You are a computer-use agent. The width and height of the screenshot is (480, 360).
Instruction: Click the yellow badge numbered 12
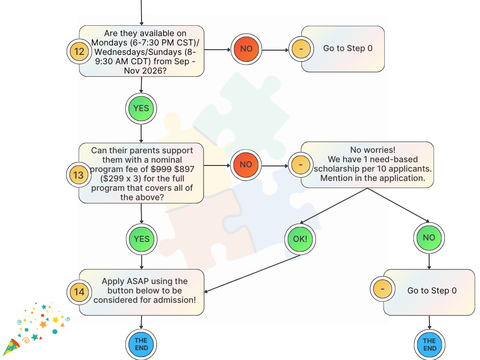point(79,52)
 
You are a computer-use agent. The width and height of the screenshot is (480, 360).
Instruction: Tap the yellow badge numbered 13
point(79,175)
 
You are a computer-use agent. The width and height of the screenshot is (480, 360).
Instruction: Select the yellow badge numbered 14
point(79,292)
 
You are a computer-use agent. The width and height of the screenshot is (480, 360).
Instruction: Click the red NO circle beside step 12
point(246,49)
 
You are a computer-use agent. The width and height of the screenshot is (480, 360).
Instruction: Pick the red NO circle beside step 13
point(246,165)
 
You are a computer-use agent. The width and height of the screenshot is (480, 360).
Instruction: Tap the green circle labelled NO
point(429,238)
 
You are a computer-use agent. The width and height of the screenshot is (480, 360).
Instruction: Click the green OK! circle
point(300,239)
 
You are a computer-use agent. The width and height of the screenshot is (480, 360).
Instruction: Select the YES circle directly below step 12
point(141,109)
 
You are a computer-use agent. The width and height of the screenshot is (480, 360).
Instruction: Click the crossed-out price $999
point(161,169)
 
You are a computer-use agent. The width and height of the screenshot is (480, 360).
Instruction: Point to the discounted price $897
point(184,169)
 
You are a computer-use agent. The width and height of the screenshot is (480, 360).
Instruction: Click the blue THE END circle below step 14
point(141,345)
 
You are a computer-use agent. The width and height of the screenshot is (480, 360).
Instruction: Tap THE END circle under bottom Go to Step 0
point(429,345)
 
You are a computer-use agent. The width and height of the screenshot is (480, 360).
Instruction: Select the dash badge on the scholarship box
point(300,165)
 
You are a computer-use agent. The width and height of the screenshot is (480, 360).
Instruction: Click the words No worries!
point(373,150)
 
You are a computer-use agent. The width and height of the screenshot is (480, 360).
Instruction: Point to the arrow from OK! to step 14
point(252,274)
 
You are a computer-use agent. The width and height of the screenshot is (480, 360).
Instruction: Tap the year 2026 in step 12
point(155,71)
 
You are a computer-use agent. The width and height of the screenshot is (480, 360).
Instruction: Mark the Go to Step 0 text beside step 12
point(348,48)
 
